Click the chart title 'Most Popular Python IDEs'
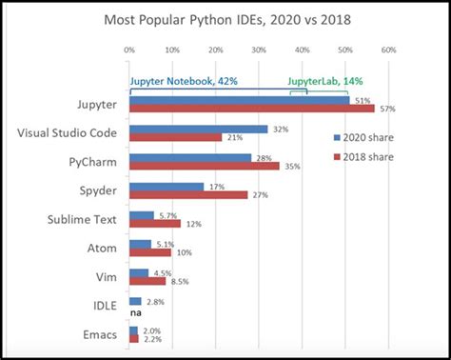[x=225, y=18]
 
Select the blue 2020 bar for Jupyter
[x=238, y=98]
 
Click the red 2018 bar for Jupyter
[x=251, y=108]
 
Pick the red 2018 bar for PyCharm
[x=204, y=166]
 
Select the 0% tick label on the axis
[x=128, y=50]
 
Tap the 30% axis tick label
[x=258, y=50]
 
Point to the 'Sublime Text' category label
[x=82, y=219]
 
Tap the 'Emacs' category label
[x=100, y=335]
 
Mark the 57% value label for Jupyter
[x=386, y=109]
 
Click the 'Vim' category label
[x=107, y=277]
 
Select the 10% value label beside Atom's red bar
[x=185, y=252]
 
